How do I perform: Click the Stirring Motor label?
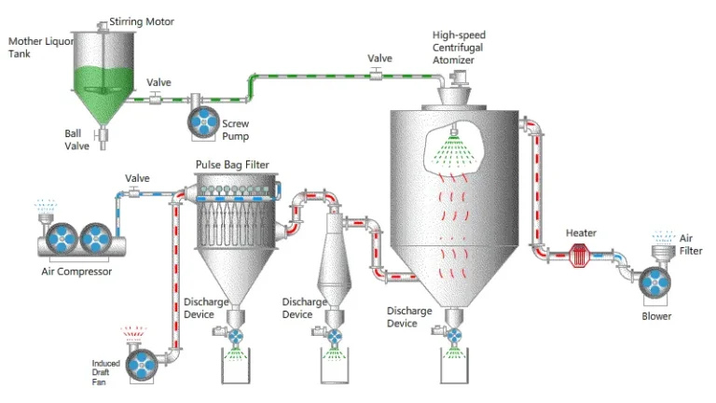pos(142,21)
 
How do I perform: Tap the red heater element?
pos(579,255)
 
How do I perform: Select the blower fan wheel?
pos(654,283)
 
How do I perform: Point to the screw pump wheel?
pos(203,122)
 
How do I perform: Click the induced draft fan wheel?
pos(142,366)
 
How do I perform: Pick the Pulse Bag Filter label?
pos(232,164)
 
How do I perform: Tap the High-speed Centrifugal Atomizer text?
pos(459,48)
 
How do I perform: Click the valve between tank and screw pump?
pos(156,98)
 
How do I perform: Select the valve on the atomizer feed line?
pos(376,74)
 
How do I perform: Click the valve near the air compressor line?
pos(134,192)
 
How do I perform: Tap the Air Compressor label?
pos(76,271)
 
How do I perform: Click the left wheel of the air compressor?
pos(62,239)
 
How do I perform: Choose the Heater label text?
pos(581,233)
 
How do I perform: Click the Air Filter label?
pos(691,244)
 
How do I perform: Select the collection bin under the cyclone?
pos(335,366)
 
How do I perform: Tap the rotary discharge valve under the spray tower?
pos(453,336)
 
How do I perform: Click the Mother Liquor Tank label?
pos(41,47)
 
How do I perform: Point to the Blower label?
pos(656,316)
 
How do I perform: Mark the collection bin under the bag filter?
pos(236,366)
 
